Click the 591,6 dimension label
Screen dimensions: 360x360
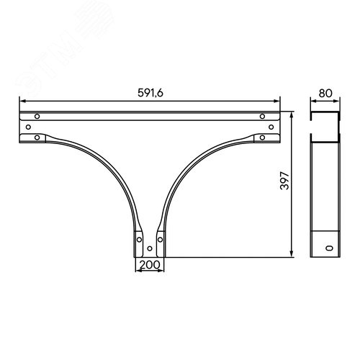click(x=150, y=93)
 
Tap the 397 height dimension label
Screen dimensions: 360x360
click(x=285, y=181)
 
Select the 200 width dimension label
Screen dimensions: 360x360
click(x=150, y=265)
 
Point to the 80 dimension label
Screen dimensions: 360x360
click(x=325, y=94)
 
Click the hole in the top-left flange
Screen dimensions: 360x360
click(x=37, y=117)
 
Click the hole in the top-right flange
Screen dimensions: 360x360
click(x=262, y=117)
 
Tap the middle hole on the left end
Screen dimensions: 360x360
click(x=28, y=127)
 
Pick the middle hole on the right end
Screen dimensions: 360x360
click(x=271, y=127)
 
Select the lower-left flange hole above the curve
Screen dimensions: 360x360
click(x=37, y=138)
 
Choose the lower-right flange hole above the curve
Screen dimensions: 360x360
click(x=262, y=138)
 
